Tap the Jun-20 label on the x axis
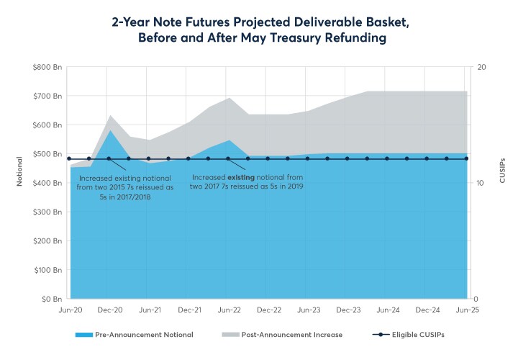(69, 310)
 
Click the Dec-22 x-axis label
(269, 310)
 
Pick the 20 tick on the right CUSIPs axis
(483, 67)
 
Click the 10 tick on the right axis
(482, 183)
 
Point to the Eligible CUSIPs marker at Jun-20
(69, 158)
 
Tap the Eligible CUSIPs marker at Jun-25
(466, 158)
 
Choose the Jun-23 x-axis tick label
(309, 310)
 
